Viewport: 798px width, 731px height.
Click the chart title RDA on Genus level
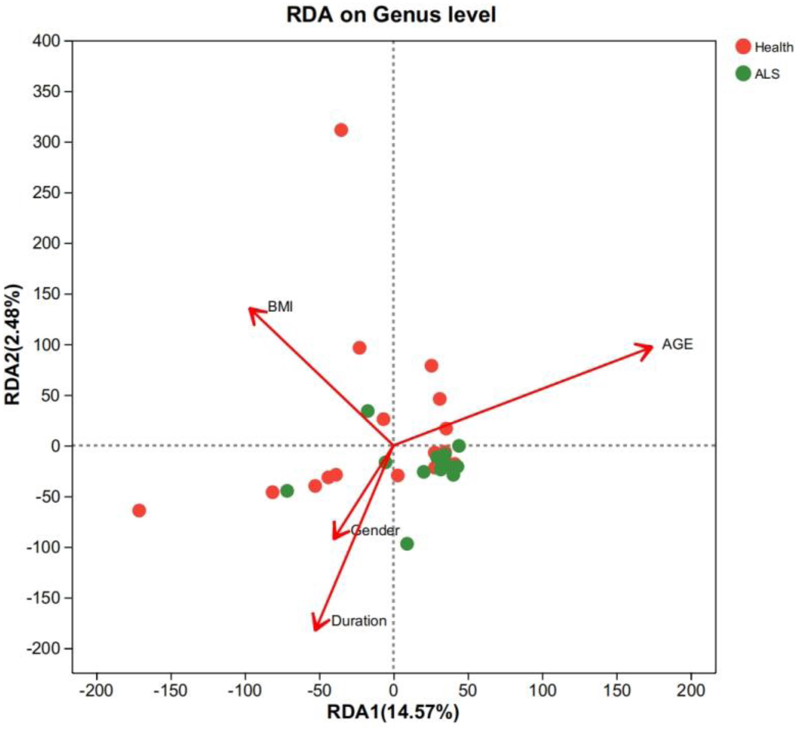pyautogui.click(x=391, y=15)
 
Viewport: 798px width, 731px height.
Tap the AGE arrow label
pyautogui.click(x=678, y=344)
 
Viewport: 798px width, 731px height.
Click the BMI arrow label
pyautogui.click(x=280, y=307)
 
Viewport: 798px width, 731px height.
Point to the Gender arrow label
pyautogui.click(x=375, y=530)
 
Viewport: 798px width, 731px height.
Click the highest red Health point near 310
pyautogui.click(x=341, y=130)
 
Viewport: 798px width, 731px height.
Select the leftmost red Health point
pyautogui.click(x=139, y=511)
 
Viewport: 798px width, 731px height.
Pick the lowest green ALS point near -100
pyautogui.click(x=407, y=544)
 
